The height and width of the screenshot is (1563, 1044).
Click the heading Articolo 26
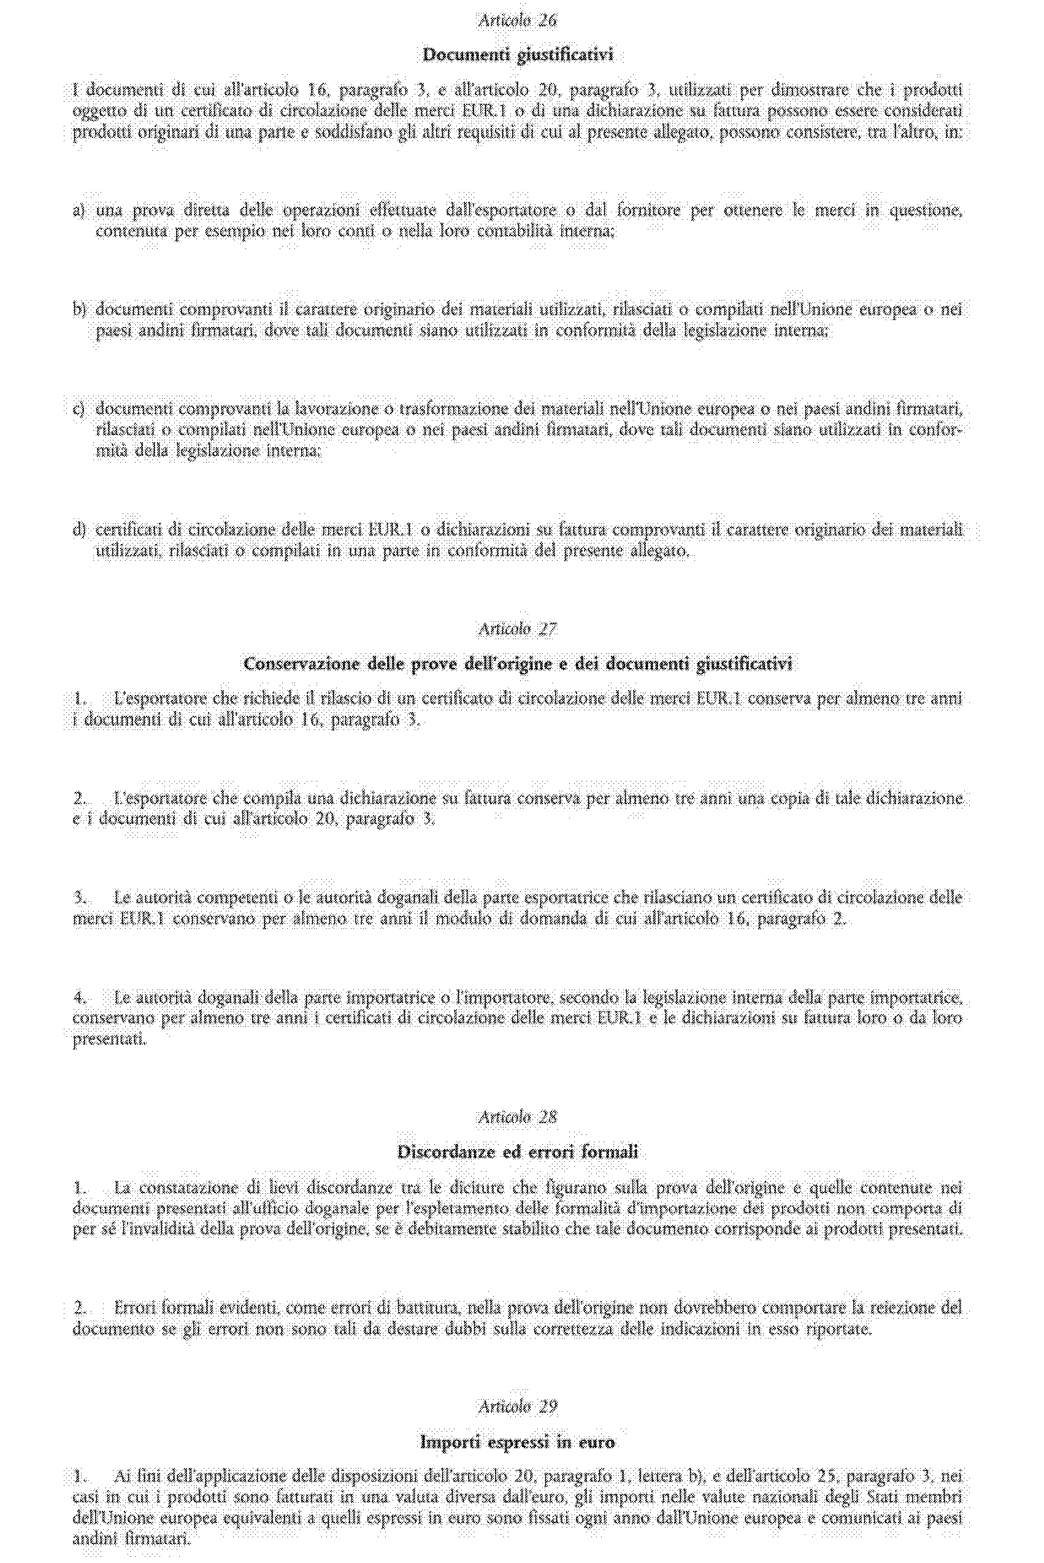tap(517, 21)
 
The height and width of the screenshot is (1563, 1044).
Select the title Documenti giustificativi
tap(517, 55)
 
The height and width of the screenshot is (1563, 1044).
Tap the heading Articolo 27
tap(517, 629)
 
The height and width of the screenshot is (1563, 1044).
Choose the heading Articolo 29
tap(517, 1405)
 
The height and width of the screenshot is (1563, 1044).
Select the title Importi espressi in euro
tap(517, 1440)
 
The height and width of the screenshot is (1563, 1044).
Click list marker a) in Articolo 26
tap(79, 211)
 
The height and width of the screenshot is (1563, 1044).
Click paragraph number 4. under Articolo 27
tap(80, 997)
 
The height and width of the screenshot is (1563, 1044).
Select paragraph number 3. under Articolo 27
tap(80, 897)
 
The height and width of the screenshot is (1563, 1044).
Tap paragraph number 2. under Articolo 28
tap(80, 1307)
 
